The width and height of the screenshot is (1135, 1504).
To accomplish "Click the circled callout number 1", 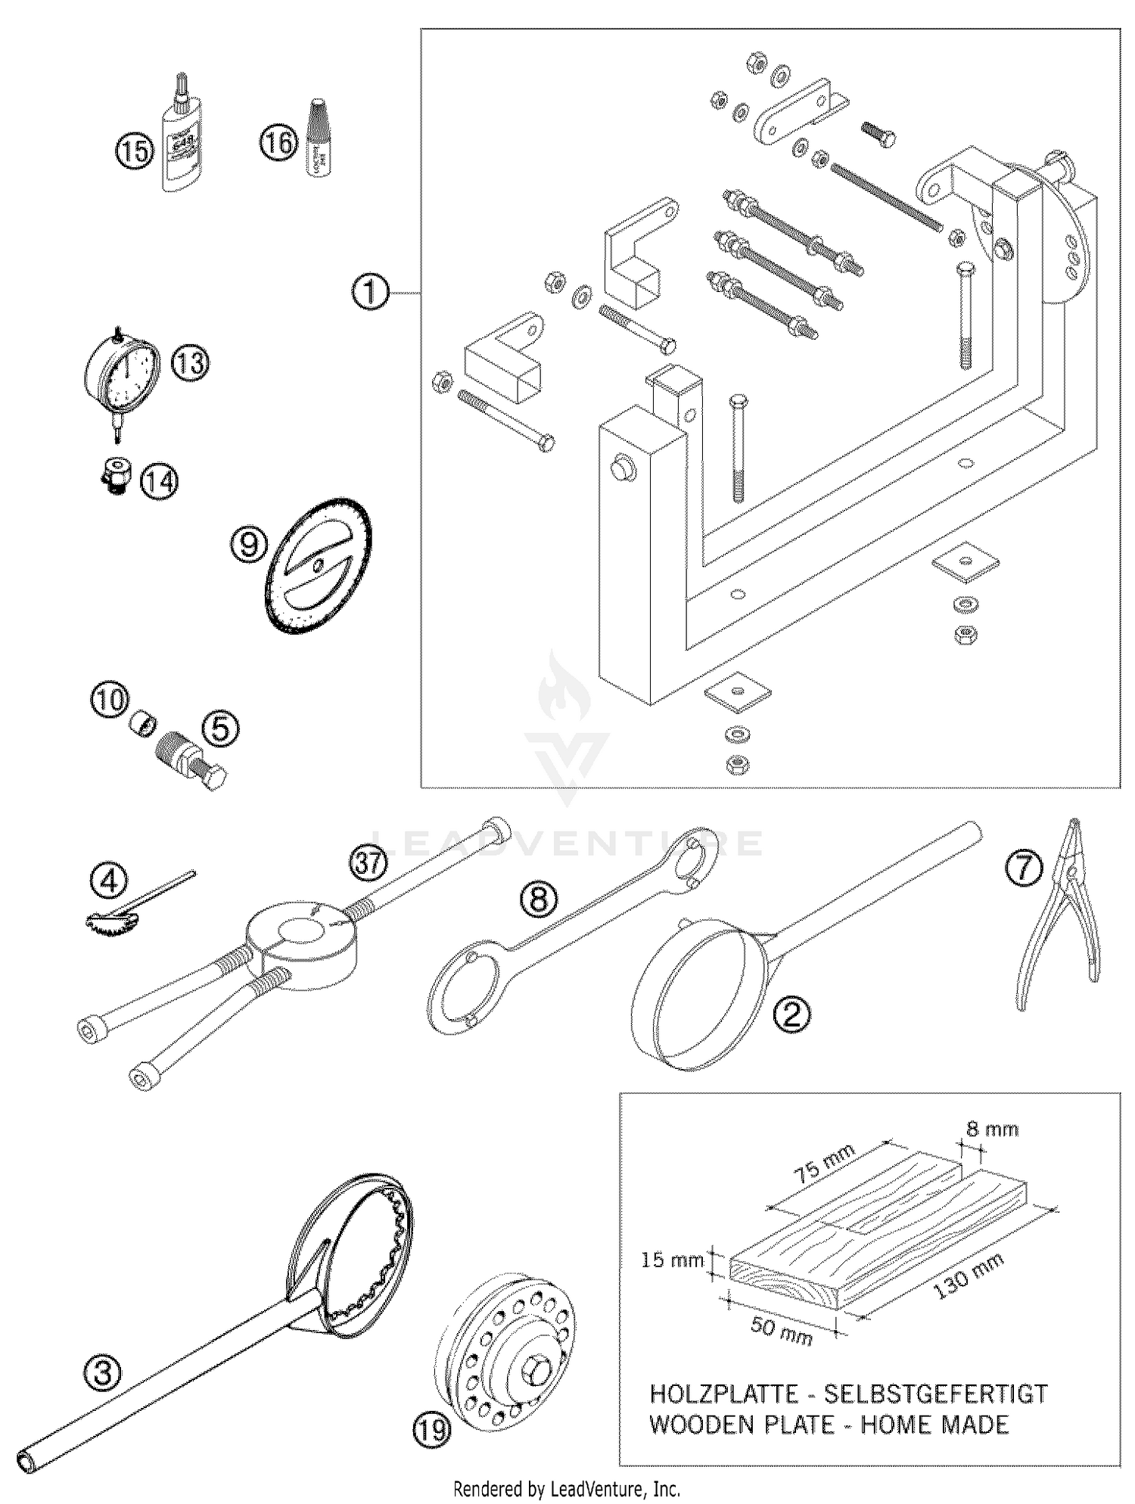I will pyautogui.click(x=370, y=292).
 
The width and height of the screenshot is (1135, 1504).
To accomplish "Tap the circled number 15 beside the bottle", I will pyautogui.click(x=134, y=151).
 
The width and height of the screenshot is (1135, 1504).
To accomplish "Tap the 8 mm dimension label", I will pyautogui.click(x=992, y=1130).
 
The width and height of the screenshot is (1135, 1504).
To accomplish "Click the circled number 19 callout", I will pyautogui.click(x=431, y=1429).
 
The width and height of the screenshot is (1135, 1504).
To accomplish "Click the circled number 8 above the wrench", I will pyautogui.click(x=538, y=899).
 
